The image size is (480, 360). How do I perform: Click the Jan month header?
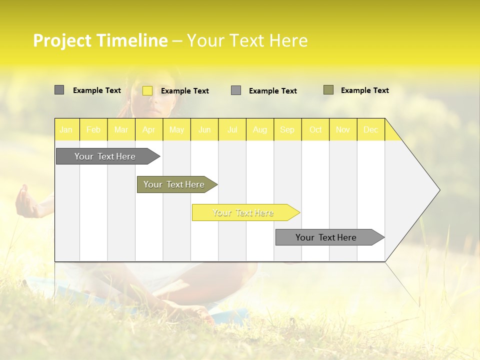pyautogui.click(x=66, y=129)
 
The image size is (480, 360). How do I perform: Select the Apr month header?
pyautogui.click(x=148, y=129)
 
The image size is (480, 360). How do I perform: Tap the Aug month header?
pyautogui.click(x=259, y=129)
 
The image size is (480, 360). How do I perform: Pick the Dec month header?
pyautogui.click(x=370, y=129)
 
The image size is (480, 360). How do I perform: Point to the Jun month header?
pyautogui.click(x=204, y=129)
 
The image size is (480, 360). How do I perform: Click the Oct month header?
pyautogui.click(x=315, y=129)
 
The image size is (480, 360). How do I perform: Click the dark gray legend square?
pyautogui.click(x=59, y=90)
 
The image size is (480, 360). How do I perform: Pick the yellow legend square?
pyautogui.click(x=147, y=90)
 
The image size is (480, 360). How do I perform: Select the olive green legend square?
pyautogui.click(x=328, y=90)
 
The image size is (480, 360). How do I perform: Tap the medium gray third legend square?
pyautogui.click(x=236, y=90)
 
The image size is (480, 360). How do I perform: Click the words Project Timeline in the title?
pyautogui.click(x=100, y=40)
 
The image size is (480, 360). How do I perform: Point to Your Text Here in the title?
pyautogui.click(x=247, y=40)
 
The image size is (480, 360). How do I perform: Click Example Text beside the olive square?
pyautogui.click(x=364, y=90)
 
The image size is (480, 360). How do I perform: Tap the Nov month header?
pyautogui.click(x=343, y=129)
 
